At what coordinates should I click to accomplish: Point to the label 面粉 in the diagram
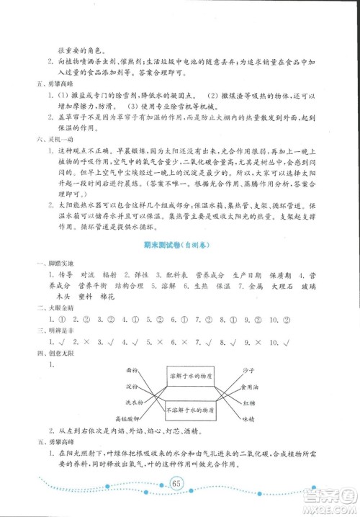coord(132,369)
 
